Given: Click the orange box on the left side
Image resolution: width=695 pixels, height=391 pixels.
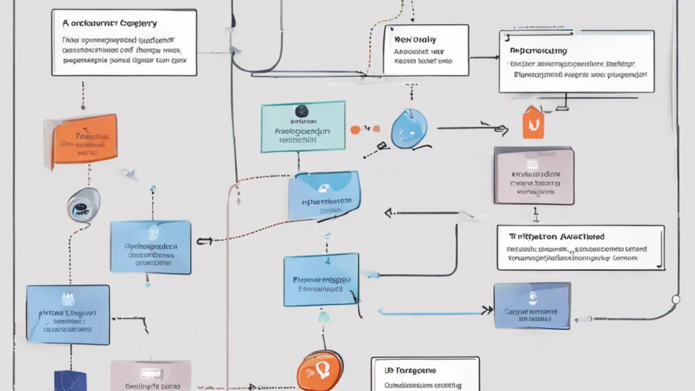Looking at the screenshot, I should tap(84, 140).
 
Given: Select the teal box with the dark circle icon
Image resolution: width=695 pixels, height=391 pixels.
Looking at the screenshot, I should tap(303, 126).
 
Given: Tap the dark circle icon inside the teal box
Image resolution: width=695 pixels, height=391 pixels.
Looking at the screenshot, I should tap(301, 111).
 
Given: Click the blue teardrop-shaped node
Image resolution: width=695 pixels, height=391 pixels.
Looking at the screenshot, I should tap(409, 130).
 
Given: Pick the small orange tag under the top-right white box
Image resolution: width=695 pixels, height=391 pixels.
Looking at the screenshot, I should tap(533, 122).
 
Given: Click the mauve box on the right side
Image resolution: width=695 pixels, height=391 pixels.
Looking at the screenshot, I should tap(534, 175).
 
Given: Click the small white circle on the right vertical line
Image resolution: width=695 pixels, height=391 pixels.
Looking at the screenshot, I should tap(675, 299).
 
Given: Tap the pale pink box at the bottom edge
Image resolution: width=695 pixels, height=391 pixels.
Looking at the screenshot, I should tap(151, 376).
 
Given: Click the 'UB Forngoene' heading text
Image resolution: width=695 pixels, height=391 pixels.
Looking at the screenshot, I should tap(410, 370).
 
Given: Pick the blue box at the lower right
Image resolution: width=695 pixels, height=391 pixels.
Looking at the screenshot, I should tap(532, 306).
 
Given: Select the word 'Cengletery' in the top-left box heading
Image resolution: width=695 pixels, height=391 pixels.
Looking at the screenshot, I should tap(137, 23).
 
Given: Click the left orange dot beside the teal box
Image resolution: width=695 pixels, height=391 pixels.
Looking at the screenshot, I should tap(355, 130).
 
